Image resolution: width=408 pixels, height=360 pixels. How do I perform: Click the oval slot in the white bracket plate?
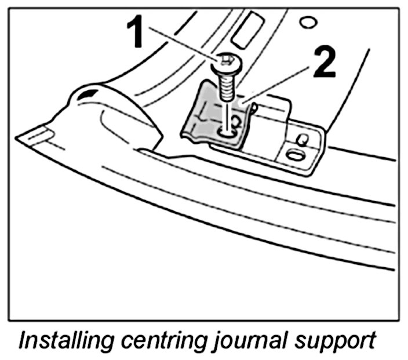pyautogui.click(x=294, y=156)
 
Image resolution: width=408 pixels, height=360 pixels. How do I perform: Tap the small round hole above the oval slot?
pyautogui.click(x=302, y=139)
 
